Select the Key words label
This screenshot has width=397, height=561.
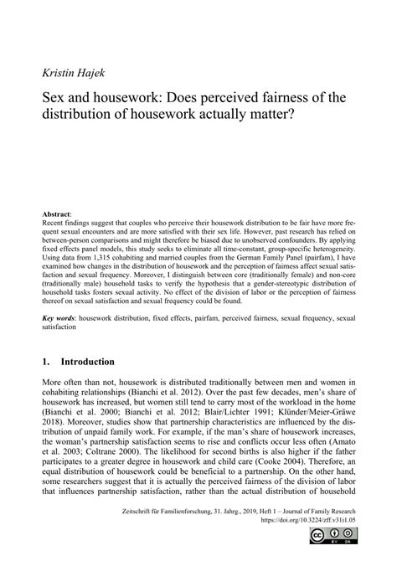(60, 319)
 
